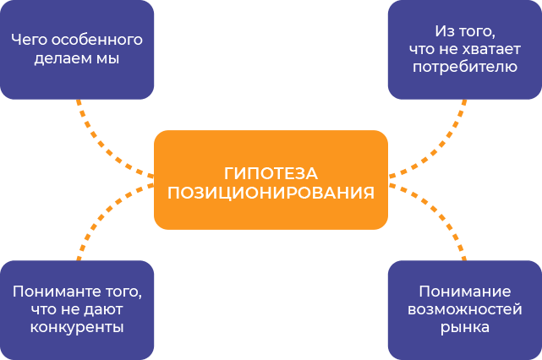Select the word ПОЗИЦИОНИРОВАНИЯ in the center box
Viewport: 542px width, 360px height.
271,192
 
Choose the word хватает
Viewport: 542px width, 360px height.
486,50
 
